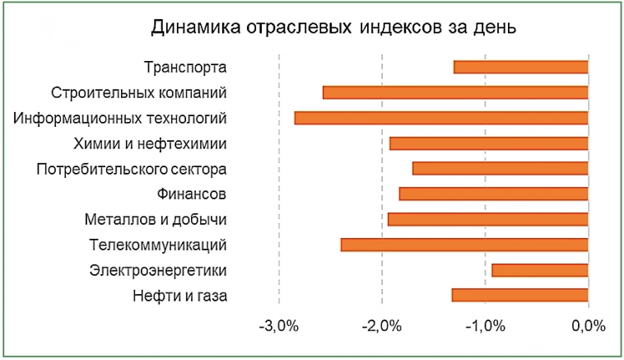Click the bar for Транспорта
(520, 67)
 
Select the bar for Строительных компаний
(455, 92)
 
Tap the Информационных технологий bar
(441, 118)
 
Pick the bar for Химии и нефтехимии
(488, 143)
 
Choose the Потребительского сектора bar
(500, 168)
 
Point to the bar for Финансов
(493, 194)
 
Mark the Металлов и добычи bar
(487, 219)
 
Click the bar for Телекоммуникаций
(464, 245)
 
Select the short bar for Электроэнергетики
(539, 269)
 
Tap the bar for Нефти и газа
(519, 295)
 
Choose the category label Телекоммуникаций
(157, 245)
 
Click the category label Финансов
(192, 194)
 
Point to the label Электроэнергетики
(158, 270)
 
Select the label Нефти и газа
(179, 295)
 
